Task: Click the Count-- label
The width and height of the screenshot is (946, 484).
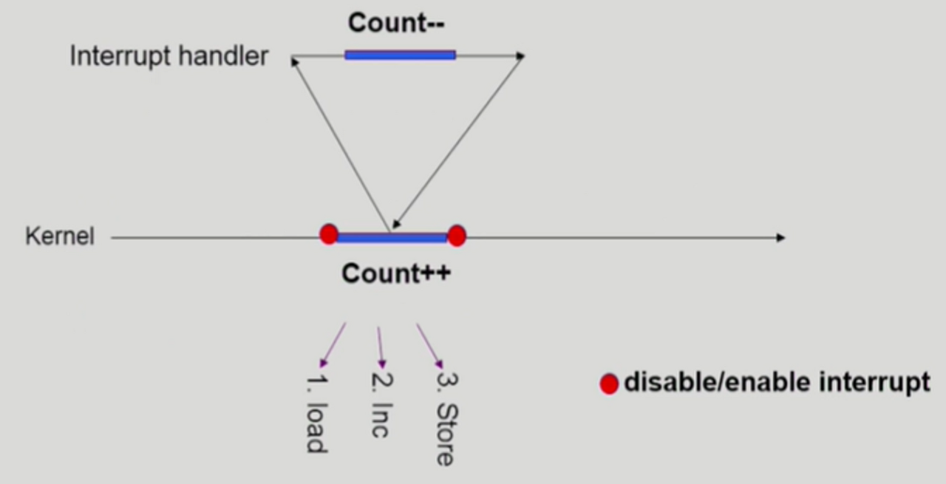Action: pyautogui.click(x=396, y=23)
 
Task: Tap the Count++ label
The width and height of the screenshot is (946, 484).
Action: pyautogui.click(x=396, y=274)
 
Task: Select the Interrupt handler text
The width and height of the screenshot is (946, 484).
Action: pyautogui.click(x=169, y=56)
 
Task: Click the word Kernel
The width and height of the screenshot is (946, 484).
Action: pyautogui.click(x=60, y=236)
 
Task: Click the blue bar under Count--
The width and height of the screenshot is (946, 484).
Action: pyautogui.click(x=400, y=55)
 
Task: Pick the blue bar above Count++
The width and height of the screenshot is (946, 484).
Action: pyautogui.click(x=392, y=237)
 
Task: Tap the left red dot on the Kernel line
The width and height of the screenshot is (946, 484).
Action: pyautogui.click(x=329, y=234)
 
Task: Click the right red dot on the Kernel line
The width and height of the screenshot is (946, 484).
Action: pyautogui.click(x=457, y=236)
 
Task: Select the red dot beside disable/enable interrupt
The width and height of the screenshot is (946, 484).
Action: pyautogui.click(x=609, y=384)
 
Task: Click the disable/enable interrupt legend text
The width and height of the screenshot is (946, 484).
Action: pyautogui.click(x=777, y=383)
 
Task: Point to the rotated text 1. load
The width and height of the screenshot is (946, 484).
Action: pyautogui.click(x=316, y=415)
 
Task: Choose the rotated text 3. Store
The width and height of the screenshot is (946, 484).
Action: pyautogui.click(x=446, y=419)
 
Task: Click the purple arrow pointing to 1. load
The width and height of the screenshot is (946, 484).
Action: pyautogui.click(x=333, y=344)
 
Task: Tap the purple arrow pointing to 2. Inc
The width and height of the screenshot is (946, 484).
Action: pyautogui.click(x=381, y=347)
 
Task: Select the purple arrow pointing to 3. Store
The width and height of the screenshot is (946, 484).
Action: pyautogui.click(x=429, y=345)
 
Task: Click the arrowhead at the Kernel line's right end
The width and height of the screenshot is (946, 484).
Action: pyautogui.click(x=780, y=238)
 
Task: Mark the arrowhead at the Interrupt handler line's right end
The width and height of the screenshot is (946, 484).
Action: pyautogui.click(x=520, y=55)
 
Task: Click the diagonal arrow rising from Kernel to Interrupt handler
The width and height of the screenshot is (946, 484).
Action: pyautogui.click(x=340, y=144)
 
